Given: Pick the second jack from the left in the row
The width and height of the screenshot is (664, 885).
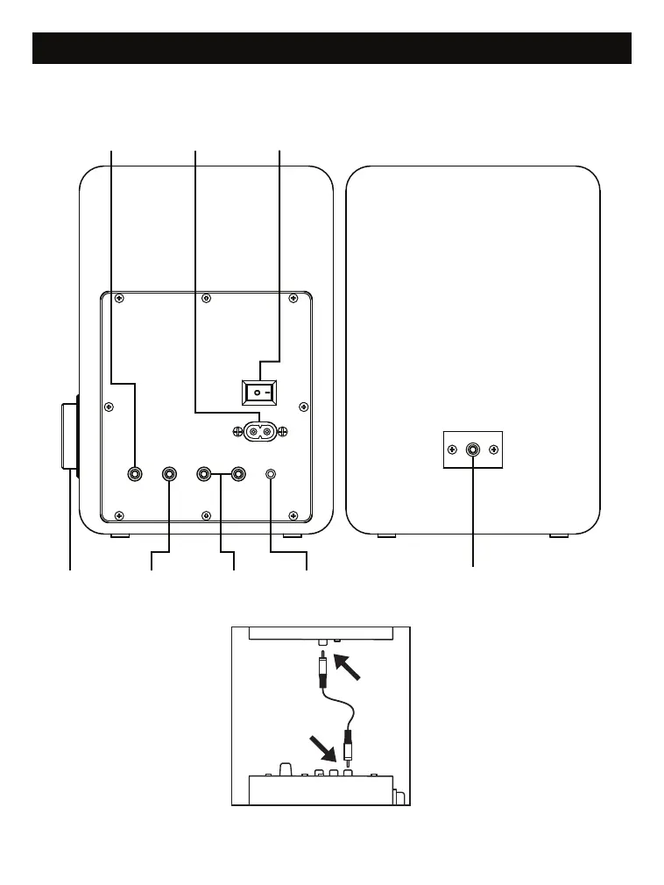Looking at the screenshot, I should [x=170, y=474].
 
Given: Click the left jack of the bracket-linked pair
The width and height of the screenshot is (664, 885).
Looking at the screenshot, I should [x=204, y=474].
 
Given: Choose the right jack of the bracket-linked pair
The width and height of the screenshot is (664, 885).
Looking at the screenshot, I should [x=236, y=474].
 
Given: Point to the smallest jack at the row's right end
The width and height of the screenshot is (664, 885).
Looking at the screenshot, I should [x=272, y=474].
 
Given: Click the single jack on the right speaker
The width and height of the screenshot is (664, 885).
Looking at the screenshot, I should [x=473, y=450].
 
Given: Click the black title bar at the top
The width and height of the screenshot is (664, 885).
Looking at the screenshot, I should [x=331, y=48].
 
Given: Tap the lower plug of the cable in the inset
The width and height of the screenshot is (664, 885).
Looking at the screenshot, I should [x=350, y=747].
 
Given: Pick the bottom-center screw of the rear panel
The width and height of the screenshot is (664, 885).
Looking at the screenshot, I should [x=205, y=514].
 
